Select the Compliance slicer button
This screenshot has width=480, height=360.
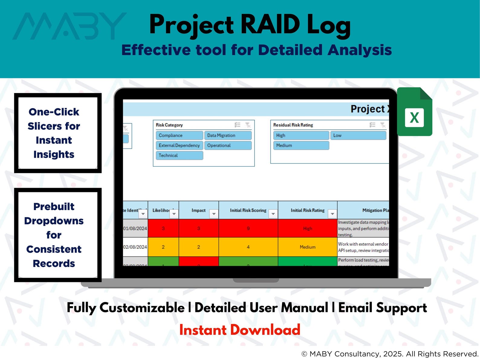click(179, 135)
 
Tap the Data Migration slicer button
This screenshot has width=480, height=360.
click(228, 135)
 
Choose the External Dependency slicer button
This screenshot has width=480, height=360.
click(179, 145)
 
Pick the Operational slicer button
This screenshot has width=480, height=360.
click(228, 145)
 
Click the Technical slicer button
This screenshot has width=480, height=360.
click(179, 155)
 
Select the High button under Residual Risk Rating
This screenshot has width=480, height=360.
click(301, 135)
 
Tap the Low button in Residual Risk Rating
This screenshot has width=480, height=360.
click(358, 135)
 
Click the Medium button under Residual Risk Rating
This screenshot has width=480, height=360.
click(301, 145)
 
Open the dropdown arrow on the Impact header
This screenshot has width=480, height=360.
click(214, 214)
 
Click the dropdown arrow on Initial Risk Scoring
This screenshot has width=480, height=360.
click(273, 214)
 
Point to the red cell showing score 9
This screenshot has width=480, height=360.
click(248, 229)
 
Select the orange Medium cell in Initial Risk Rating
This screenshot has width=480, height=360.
click(307, 247)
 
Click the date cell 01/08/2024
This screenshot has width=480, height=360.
click(135, 229)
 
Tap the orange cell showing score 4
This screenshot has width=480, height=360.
click(248, 247)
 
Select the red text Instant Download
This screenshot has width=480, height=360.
click(240, 330)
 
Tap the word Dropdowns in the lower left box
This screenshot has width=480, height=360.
click(54, 221)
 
